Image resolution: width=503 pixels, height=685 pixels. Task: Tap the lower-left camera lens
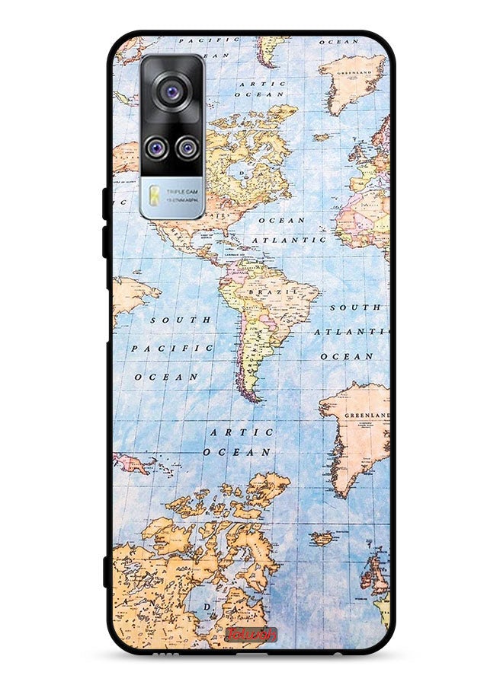pos(156,146)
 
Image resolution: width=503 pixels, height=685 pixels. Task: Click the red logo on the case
pos(251,634)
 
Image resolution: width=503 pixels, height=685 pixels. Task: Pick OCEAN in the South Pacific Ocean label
pos(166,376)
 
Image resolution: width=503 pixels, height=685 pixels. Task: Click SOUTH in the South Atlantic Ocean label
pos(354,307)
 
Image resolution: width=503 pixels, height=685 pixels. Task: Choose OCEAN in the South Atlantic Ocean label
pos(347,356)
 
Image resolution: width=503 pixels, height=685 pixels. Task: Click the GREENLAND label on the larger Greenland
pos(367,416)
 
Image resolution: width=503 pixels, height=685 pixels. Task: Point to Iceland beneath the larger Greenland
pos(322,537)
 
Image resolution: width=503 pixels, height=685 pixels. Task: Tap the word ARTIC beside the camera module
pos(261,84)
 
